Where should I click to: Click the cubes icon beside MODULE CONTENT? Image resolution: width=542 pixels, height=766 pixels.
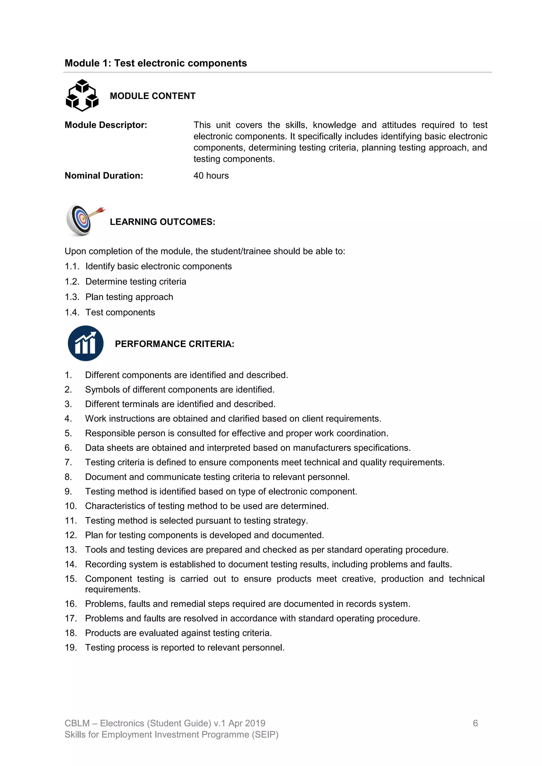(x=82, y=96)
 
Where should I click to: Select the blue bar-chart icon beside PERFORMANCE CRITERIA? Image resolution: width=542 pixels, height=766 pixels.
(x=85, y=343)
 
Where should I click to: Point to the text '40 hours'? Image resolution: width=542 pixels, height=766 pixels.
(x=211, y=176)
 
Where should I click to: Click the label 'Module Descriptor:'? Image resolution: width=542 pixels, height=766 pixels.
(x=106, y=125)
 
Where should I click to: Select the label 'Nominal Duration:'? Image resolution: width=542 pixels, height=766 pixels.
(x=104, y=176)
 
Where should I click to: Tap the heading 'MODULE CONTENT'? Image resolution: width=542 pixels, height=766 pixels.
(x=152, y=96)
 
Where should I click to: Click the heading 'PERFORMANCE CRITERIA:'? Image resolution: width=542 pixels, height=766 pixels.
(x=175, y=344)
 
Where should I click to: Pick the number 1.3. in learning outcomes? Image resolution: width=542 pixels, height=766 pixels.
(x=72, y=297)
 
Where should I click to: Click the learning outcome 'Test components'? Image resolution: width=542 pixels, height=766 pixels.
(x=120, y=313)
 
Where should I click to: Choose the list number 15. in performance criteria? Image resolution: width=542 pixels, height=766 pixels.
(x=71, y=579)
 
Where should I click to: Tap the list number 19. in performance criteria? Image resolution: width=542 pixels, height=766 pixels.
(x=71, y=648)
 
